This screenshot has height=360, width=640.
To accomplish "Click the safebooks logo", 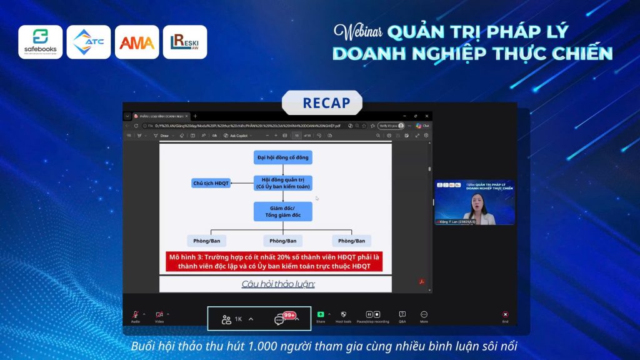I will (x=40, y=42).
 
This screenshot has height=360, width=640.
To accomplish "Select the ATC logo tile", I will (x=89, y=42).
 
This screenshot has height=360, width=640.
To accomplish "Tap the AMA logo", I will (x=137, y=42).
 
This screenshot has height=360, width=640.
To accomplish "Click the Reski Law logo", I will (x=185, y=42).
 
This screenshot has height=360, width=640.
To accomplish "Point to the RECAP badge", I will (x=322, y=102).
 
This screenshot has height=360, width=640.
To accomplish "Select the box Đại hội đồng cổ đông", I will (x=282, y=157).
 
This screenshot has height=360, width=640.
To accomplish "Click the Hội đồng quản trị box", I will (x=282, y=182).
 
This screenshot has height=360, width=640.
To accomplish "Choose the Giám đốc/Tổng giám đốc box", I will (x=282, y=211).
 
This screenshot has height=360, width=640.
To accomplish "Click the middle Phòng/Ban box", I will (x=282, y=241).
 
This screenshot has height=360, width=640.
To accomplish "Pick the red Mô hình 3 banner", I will (x=274, y=261).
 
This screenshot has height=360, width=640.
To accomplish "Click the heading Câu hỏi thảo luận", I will (x=278, y=284).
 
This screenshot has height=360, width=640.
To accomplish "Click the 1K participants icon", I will (x=227, y=319).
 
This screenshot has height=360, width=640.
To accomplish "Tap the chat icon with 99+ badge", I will (x=280, y=319).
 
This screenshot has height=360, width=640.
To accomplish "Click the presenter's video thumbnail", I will (x=474, y=202).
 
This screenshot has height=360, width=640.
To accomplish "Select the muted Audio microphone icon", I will (x=135, y=315).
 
